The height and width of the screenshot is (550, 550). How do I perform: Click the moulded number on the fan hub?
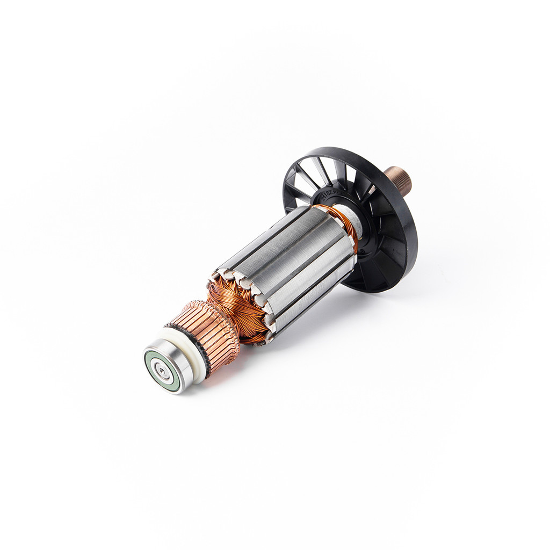pyautogui.click(x=329, y=191)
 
